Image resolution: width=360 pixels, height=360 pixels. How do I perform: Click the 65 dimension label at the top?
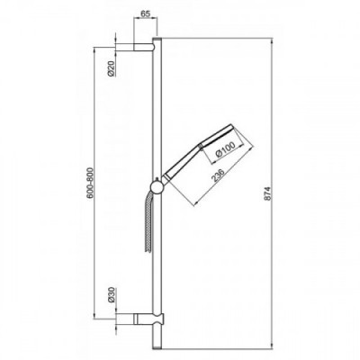pyautogui.click(x=146, y=14)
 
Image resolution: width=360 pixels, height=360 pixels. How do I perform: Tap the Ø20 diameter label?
pyautogui.click(x=112, y=68)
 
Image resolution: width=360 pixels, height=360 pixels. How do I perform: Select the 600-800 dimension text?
pyautogui.click(x=90, y=183)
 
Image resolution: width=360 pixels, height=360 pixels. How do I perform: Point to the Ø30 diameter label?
pyautogui.click(x=112, y=295)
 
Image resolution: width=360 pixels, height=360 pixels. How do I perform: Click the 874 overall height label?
pyautogui.click(x=268, y=193)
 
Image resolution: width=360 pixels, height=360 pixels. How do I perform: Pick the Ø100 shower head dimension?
pyautogui.click(x=225, y=150)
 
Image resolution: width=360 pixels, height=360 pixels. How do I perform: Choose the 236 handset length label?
pyautogui.click(x=218, y=176)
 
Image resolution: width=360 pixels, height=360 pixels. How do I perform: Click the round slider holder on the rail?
pyautogui.click(x=157, y=187)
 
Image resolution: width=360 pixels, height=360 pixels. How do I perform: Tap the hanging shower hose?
pyautogui.click(x=148, y=222)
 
